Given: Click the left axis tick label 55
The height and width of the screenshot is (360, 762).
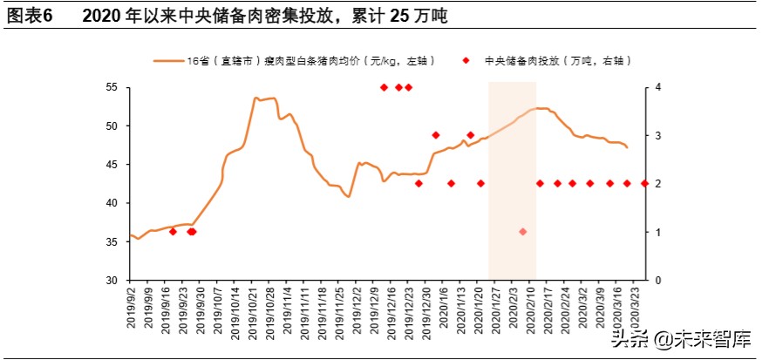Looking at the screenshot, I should (111, 87).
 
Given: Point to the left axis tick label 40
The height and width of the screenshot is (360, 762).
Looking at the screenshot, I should (111, 203).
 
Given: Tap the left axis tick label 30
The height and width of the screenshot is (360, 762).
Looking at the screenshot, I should (111, 281).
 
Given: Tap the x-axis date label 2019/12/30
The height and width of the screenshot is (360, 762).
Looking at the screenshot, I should (427, 312).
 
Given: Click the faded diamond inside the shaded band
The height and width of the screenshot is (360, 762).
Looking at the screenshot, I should (522, 232).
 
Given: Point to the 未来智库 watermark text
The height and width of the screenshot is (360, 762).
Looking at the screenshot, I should (704, 338).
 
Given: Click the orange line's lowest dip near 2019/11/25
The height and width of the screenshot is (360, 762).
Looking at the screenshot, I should (349, 197).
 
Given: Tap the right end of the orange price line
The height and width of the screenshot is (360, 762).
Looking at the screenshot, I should (628, 147).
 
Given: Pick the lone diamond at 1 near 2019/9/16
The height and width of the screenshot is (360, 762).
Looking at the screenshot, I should (173, 232).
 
